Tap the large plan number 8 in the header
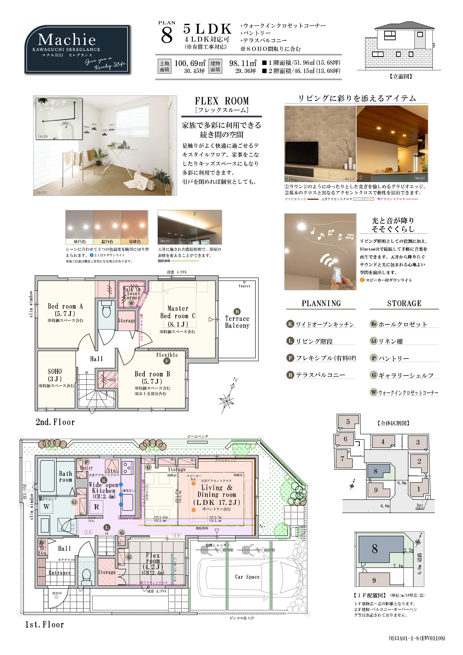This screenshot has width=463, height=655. pyautogui.click(x=167, y=36)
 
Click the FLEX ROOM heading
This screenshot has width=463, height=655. pyautogui.click(x=222, y=101)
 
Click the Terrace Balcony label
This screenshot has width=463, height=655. pyautogui.click(x=237, y=322)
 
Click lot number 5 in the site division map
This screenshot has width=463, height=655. pyautogui.click(x=348, y=422)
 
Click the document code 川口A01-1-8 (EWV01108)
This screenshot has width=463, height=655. pyautogui.click(x=417, y=638)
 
